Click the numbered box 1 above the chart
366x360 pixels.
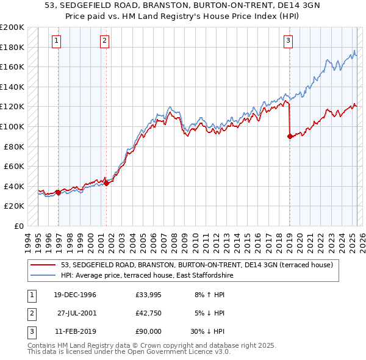(56, 41)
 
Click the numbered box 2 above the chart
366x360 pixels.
(105, 41)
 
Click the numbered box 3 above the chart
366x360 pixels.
(288, 41)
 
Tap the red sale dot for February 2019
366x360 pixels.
(289, 137)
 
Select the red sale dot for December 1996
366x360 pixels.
(58, 192)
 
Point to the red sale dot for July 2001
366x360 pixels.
(106, 183)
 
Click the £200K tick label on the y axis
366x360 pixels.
(12, 27)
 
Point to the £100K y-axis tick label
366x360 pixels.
(12, 126)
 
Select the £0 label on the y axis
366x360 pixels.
(20, 226)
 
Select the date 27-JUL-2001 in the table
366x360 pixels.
(78, 313)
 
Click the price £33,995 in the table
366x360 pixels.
(148, 295)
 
